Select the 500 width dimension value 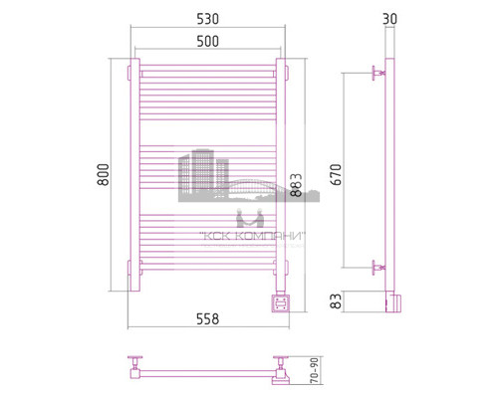pyautogui.click(x=208, y=42)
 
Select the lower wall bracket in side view pyautogui.click(x=377, y=266)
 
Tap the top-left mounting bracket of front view pyautogui.click(x=129, y=74)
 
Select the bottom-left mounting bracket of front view pyautogui.click(x=129, y=269)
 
